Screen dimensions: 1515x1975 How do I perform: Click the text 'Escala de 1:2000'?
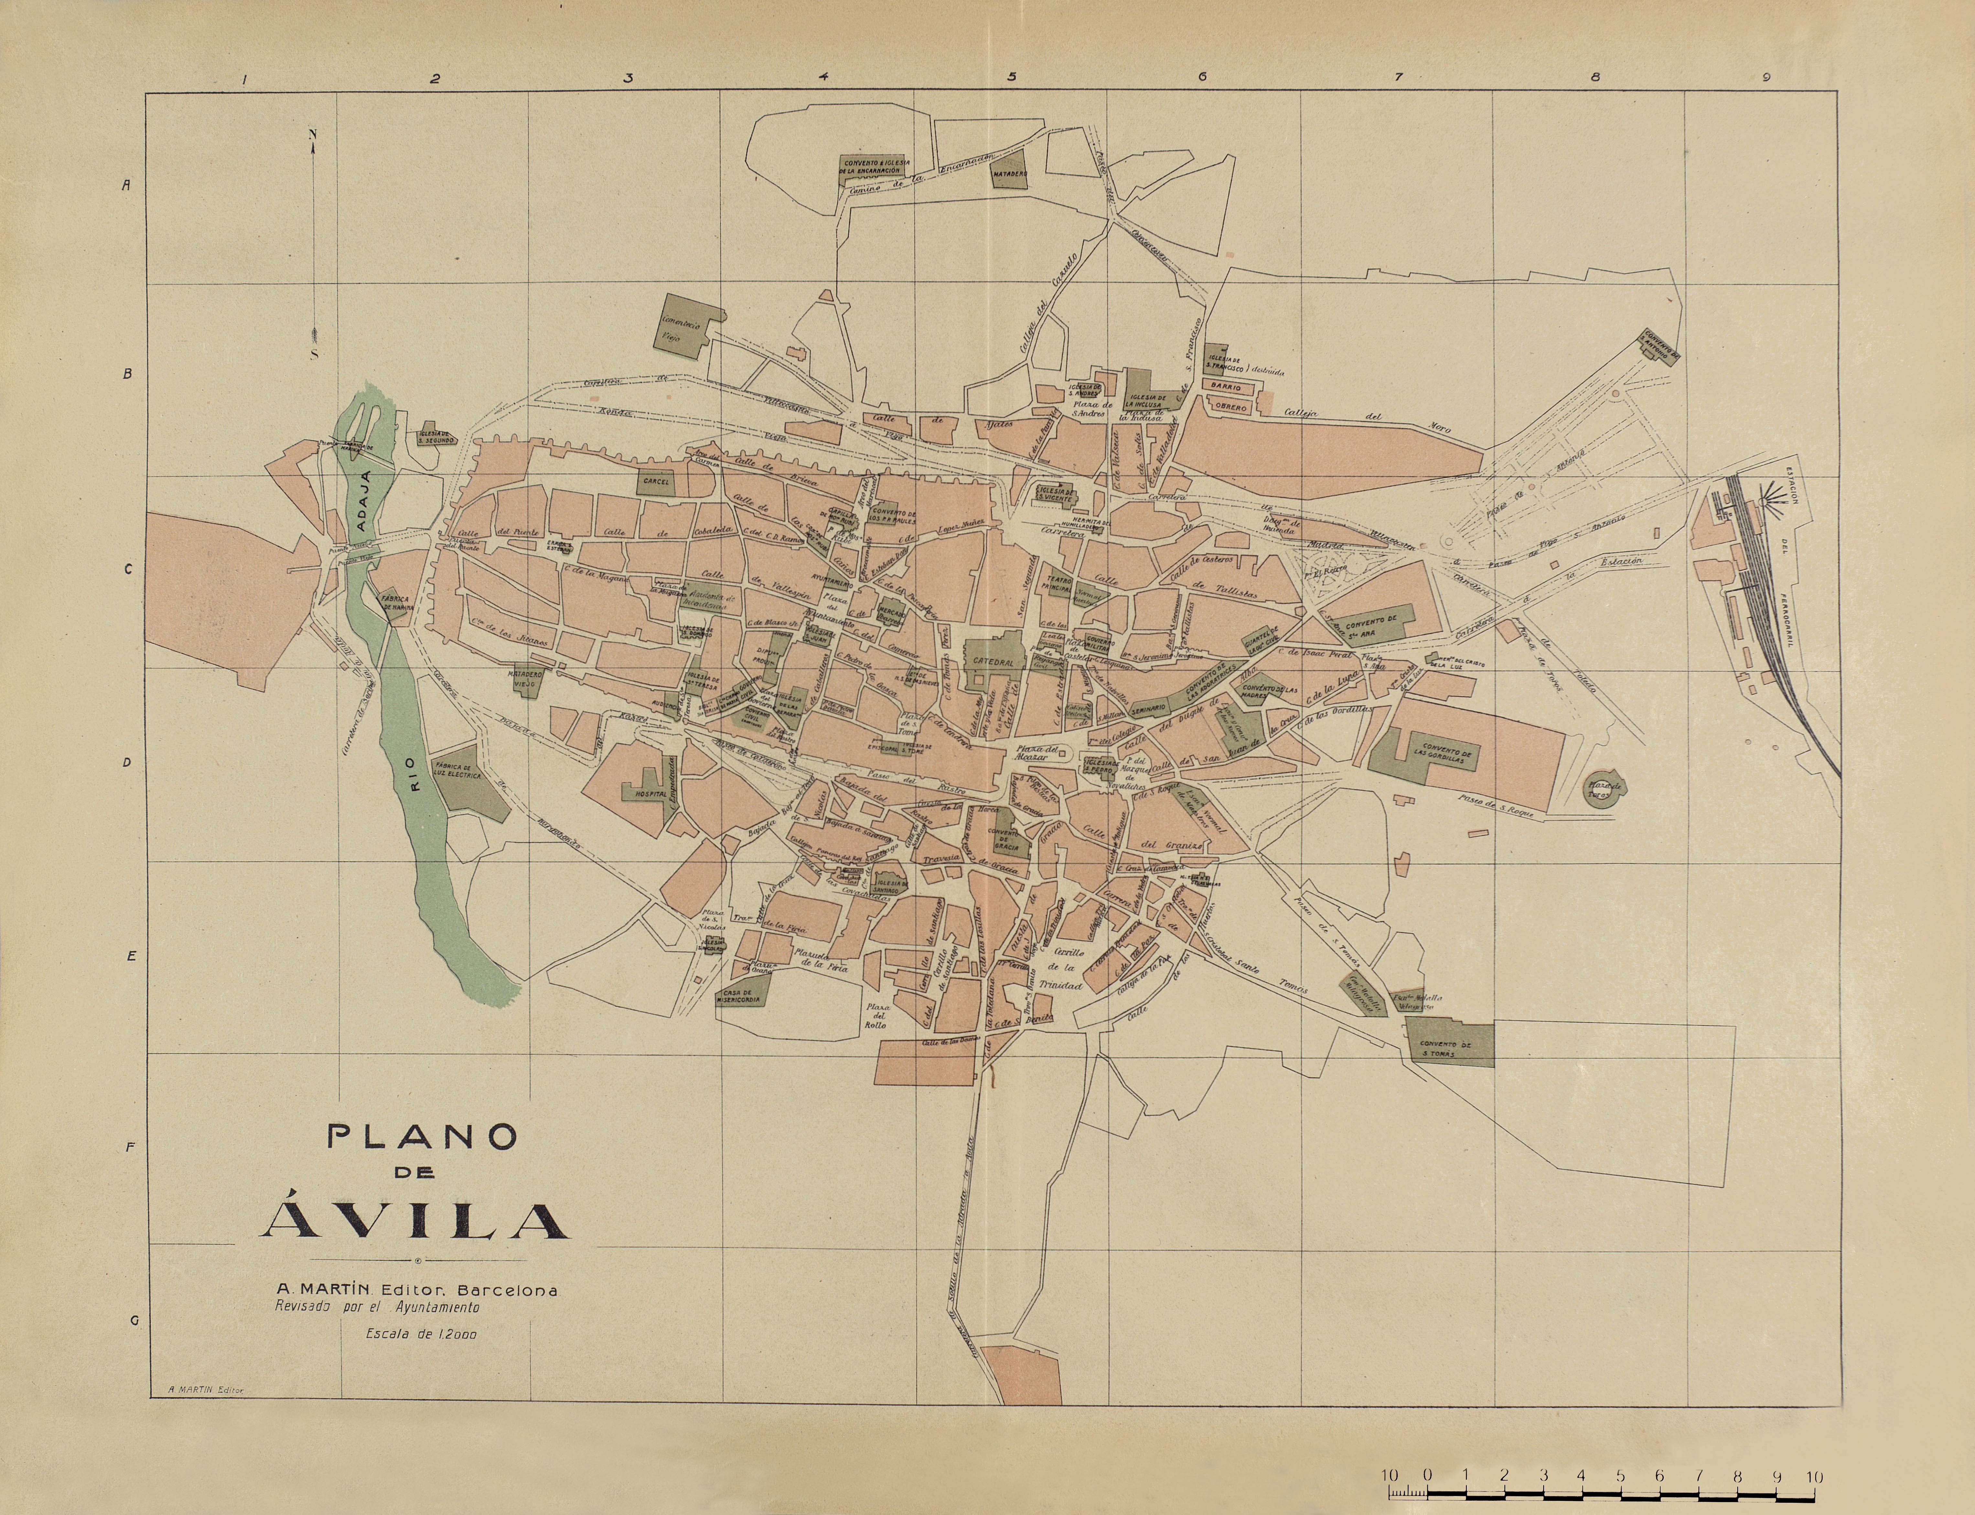pos(421,1335)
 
